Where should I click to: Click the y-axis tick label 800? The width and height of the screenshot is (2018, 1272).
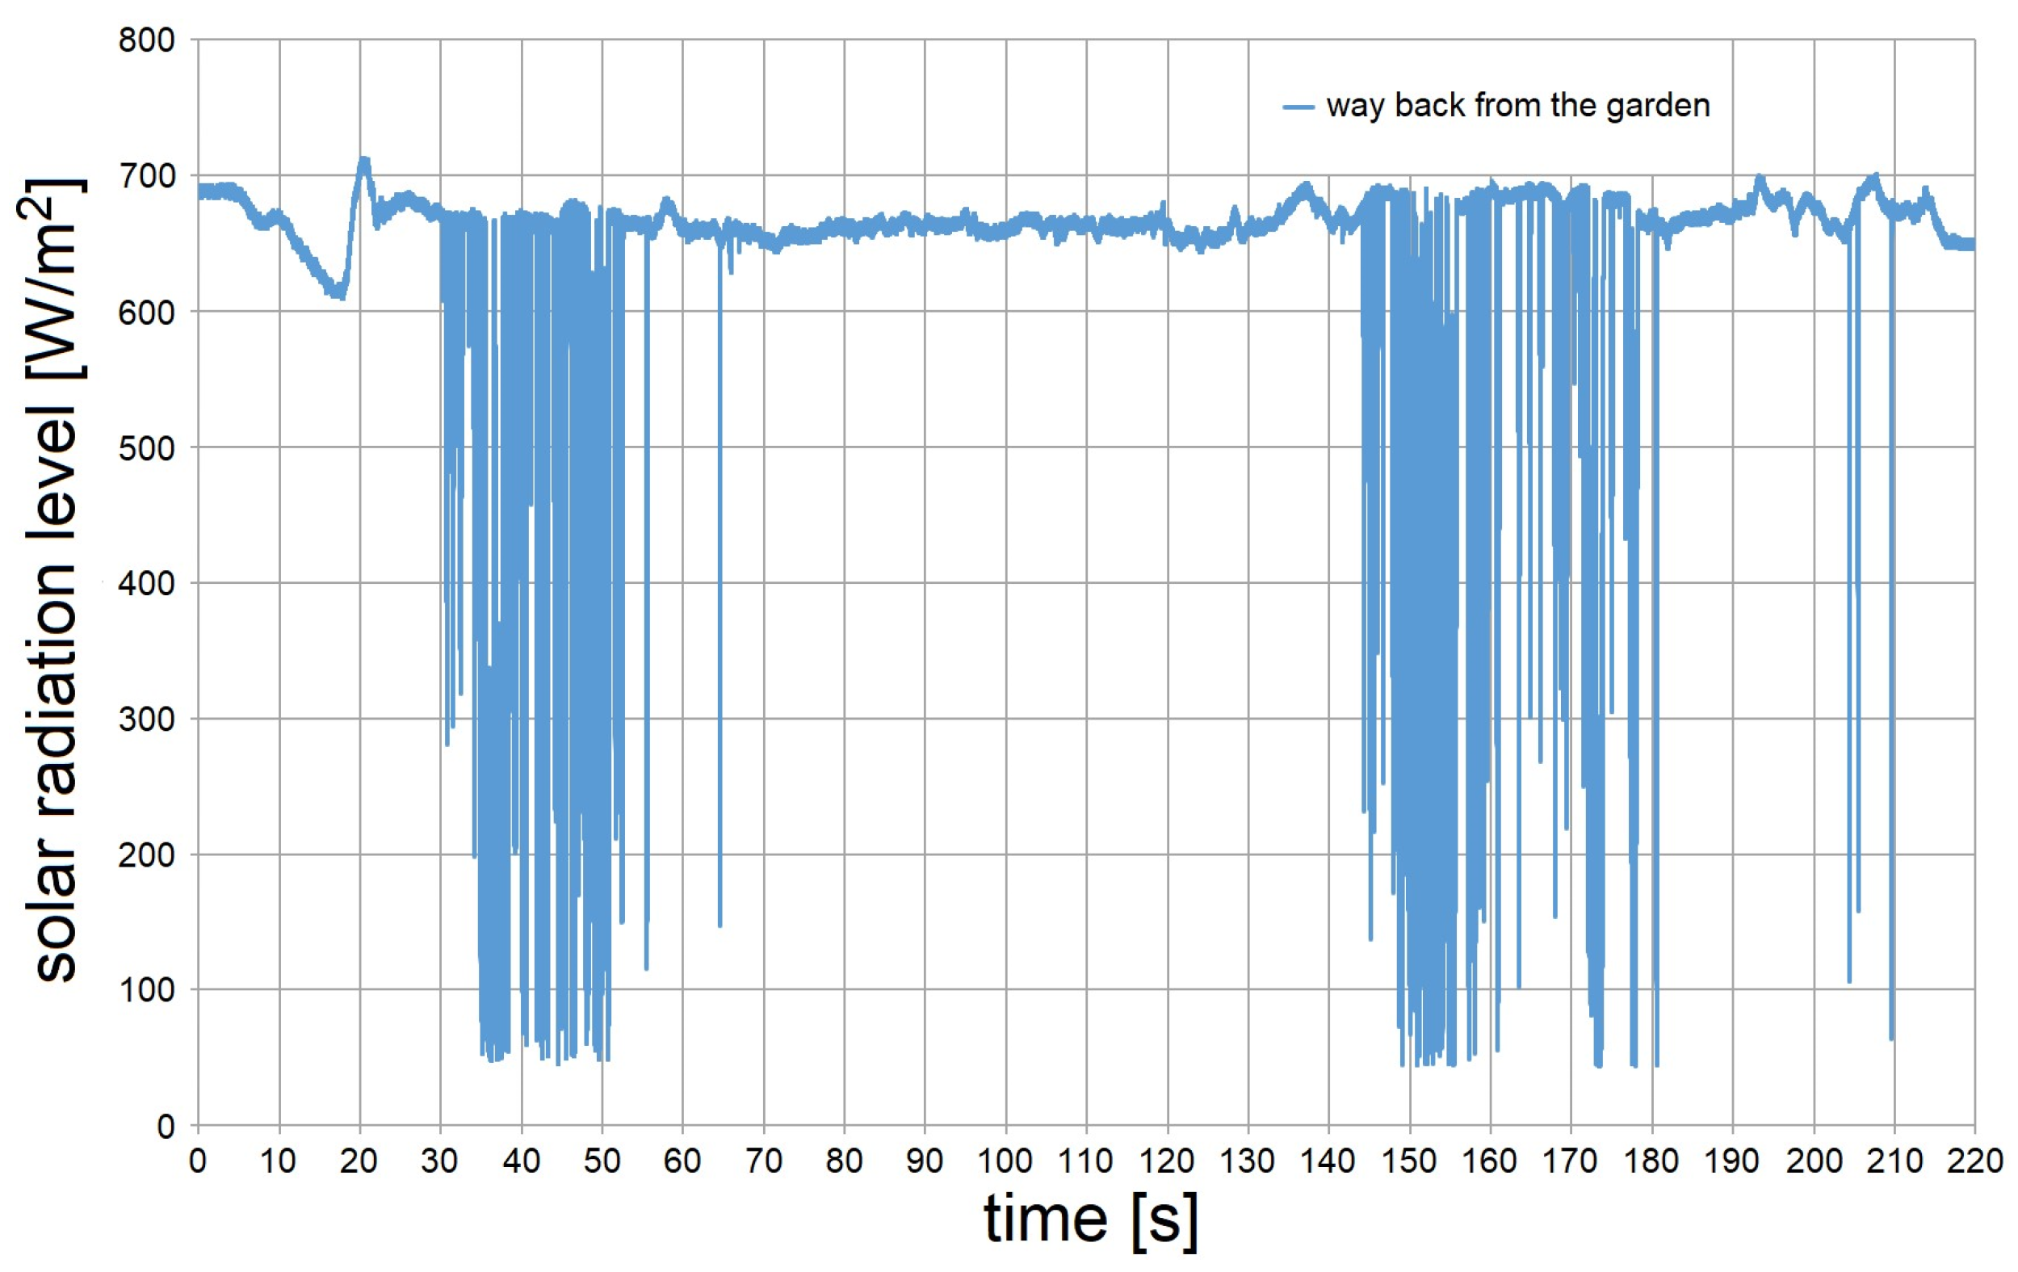(x=147, y=40)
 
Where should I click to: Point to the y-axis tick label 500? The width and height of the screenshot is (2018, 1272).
(x=147, y=448)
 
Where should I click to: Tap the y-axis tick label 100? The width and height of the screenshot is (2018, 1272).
(x=147, y=990)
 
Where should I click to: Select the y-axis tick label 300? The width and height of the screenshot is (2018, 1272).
(x=147, y=720)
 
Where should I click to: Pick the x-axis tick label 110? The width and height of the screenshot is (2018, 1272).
(x=1085, y=1161)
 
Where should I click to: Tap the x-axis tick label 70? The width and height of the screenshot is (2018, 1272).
(x=762, y=1161)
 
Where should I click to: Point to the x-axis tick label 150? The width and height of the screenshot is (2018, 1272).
(x=1409, y=1161)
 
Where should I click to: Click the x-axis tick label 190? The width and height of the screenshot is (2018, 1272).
(x=1732, y=1161)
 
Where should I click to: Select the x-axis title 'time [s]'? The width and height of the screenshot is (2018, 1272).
(x=1089, y=1220)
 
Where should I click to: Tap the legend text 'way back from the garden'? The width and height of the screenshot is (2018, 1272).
(x=1517, y=107)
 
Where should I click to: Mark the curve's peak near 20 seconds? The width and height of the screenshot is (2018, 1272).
(x=363, y=159)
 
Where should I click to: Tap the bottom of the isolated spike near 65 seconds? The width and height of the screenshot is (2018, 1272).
(x=720, y=924)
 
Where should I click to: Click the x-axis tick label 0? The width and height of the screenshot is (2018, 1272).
(x=198, y=1161)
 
